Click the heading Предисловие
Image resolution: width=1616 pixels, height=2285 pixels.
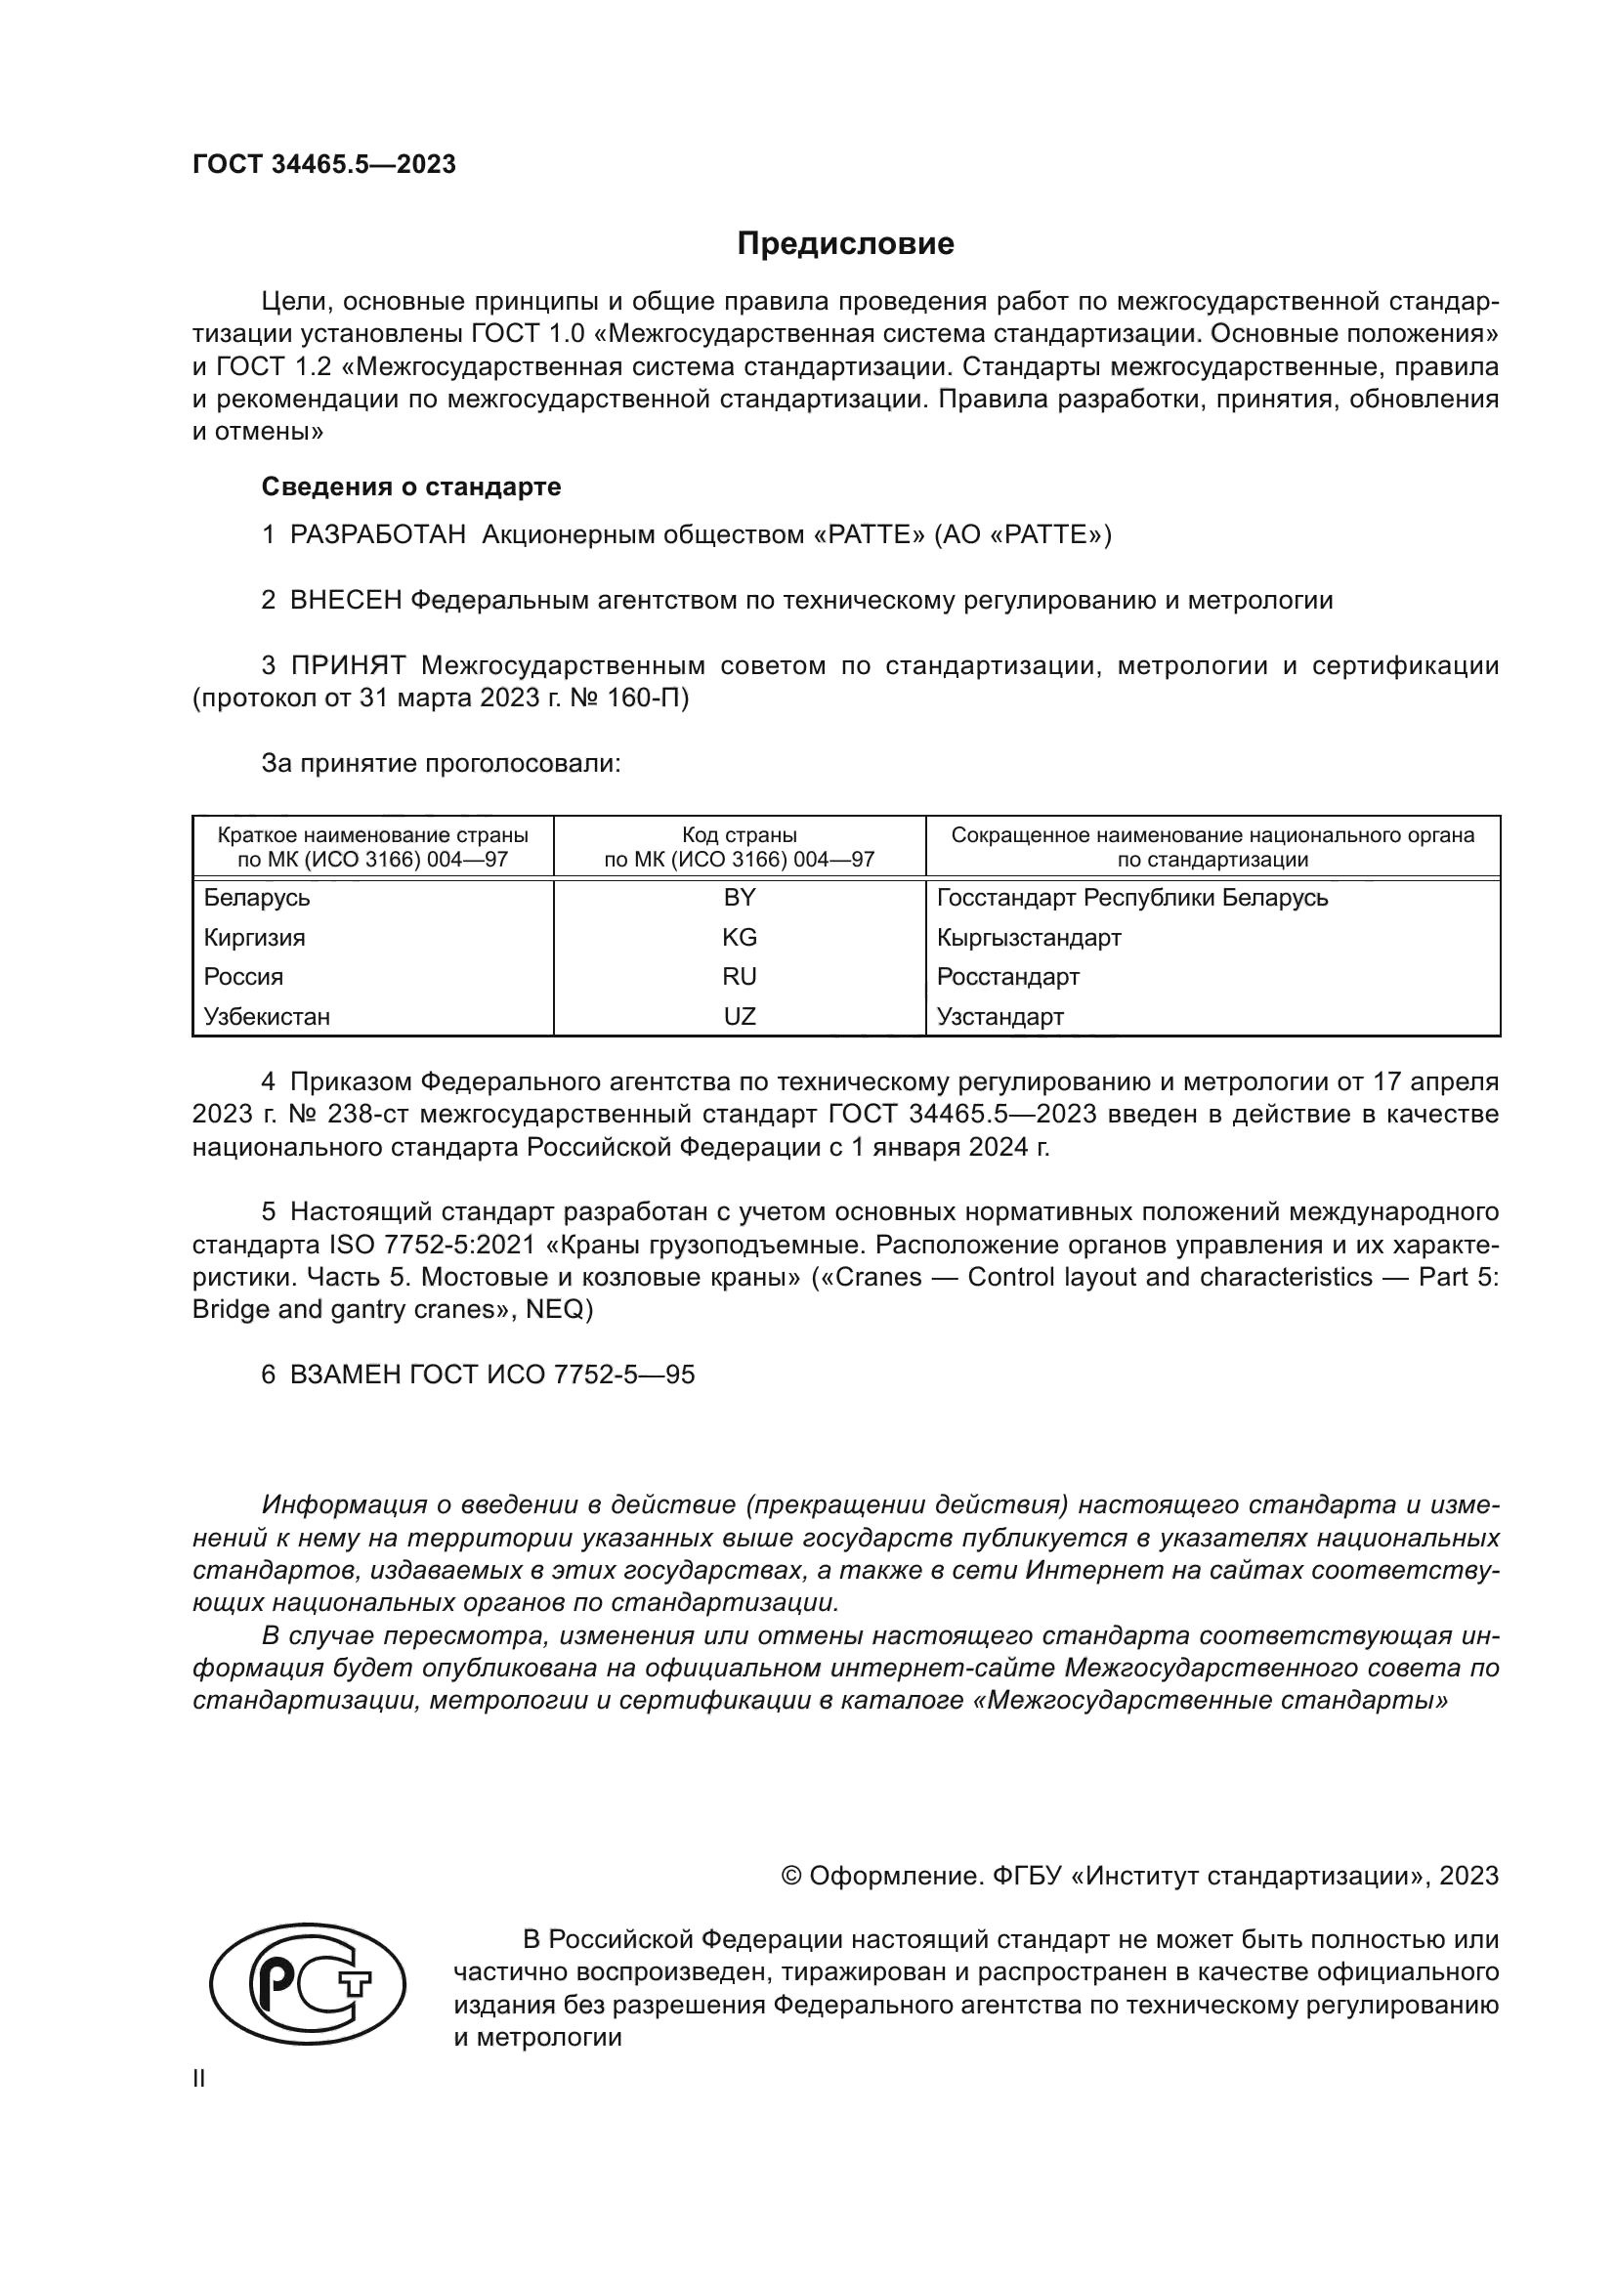(x=845, y=244)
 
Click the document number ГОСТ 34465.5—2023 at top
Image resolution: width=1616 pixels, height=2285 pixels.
(x=323, y=165)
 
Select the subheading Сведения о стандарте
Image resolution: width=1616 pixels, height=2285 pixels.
(x=410, y=487)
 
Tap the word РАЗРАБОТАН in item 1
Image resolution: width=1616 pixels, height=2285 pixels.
(x=377, y=535)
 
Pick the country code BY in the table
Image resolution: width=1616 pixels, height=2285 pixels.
(x=740, y=898)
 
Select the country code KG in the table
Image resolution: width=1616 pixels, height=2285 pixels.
(x=740, y=938)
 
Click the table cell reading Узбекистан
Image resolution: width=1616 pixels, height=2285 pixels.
(x=267, y=1017)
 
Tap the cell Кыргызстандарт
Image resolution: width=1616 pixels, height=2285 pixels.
(x=1029, y=938)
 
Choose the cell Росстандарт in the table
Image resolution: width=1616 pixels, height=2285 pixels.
(x=1008, y=976)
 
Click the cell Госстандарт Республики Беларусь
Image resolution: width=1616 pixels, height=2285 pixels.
(x=1131, y=898)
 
